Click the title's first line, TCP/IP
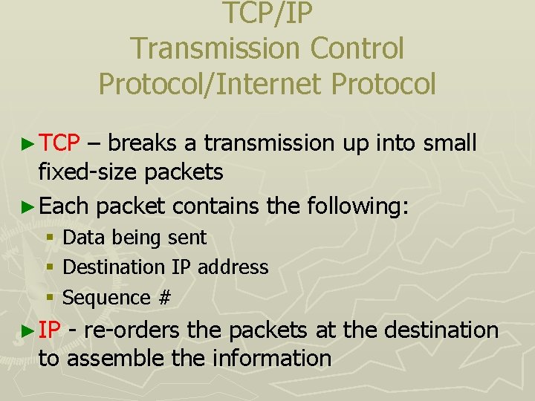pos(267,13)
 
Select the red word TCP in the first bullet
pos(59,143)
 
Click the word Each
pos(64,206)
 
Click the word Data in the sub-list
pos(82,238)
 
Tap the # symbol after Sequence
pos(164,298)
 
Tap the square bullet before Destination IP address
pos(49,267)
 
